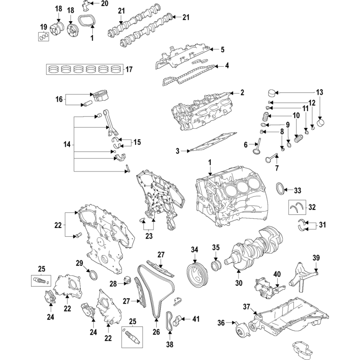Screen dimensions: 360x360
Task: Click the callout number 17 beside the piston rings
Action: pos(129,69)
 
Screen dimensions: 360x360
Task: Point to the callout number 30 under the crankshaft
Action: pos(239,283)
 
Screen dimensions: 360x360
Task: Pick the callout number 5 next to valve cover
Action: pos(222,49)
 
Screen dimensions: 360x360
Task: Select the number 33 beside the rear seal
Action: pos(297,190)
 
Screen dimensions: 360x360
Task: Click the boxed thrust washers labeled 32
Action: pos(297,207)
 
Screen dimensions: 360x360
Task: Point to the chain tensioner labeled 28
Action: pos(127,279)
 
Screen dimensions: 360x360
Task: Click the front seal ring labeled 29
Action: pos(93,275)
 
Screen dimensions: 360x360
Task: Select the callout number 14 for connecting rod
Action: pos(67,144)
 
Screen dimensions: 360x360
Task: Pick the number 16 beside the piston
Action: pos(59,99)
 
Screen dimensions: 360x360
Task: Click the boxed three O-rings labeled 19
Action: pos(44,36)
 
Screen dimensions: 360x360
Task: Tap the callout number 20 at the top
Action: pos(104,4)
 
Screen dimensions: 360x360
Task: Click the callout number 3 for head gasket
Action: pos(177,151)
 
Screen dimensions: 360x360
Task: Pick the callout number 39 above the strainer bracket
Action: pos(316,257)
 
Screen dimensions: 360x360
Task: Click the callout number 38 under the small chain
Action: pos(170,344)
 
